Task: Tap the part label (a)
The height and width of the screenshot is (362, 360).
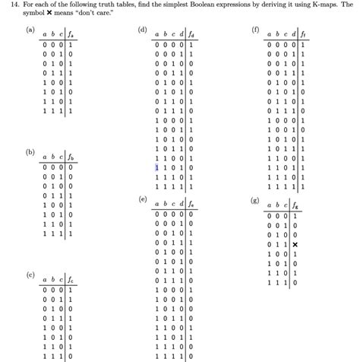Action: coord(30,30)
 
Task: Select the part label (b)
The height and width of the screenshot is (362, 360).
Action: coord(30,152)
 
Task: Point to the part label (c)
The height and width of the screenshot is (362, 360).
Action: coord(30,274)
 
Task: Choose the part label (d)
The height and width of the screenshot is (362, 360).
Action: coord(142,30)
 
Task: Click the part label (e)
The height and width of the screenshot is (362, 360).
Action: coord(142,198)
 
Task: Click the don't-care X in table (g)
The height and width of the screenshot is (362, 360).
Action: coord(295,244)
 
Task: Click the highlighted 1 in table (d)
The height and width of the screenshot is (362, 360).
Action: coord(156,167)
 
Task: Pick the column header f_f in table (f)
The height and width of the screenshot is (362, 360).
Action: coord(303,34)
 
